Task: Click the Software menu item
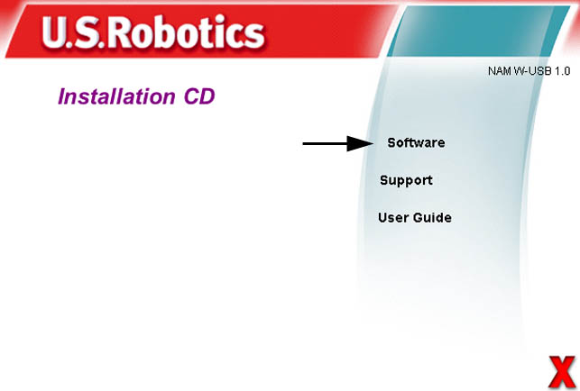coord(416,142)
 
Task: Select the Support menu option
coord(406,180)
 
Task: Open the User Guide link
coord(415,217)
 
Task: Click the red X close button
coord(561,372)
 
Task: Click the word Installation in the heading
coord(116,96)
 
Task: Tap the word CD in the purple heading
coord(199,96)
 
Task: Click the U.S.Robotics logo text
coord(153,32)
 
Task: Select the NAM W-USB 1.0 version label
coord(529,71)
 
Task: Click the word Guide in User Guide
coord(432,217)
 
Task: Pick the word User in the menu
coord(393,217)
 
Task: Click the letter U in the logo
coord(55,32)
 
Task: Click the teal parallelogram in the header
coord(478,32)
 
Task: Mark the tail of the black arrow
coord(303,143)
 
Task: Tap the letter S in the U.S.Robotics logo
coord(87,32)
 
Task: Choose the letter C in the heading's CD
coord(191,96)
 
